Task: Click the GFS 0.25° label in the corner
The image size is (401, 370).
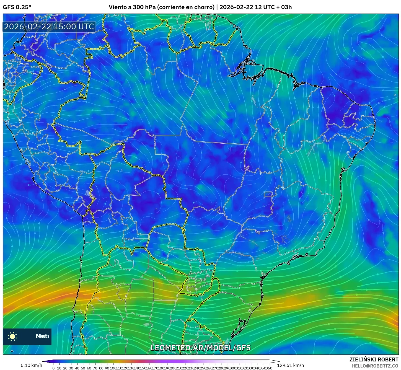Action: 17,7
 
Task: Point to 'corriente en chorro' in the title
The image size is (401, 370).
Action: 185,7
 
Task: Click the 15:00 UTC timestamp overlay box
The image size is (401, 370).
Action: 49,27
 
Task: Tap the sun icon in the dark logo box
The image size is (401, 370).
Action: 12,336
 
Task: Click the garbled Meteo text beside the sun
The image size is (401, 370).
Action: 42,336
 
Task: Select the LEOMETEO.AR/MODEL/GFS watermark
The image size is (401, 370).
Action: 200,348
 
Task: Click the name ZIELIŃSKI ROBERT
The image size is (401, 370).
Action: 374,359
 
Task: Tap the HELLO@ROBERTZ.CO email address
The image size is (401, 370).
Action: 375,366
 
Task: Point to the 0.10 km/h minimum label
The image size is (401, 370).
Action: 31,365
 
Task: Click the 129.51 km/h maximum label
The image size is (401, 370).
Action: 290,365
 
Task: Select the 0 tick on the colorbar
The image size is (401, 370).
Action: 53,368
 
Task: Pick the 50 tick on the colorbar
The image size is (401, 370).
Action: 83,368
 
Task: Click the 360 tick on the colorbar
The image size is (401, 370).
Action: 269,368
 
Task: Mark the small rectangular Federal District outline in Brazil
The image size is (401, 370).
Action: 268,194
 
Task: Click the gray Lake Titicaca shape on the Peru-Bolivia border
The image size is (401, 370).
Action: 90,193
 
